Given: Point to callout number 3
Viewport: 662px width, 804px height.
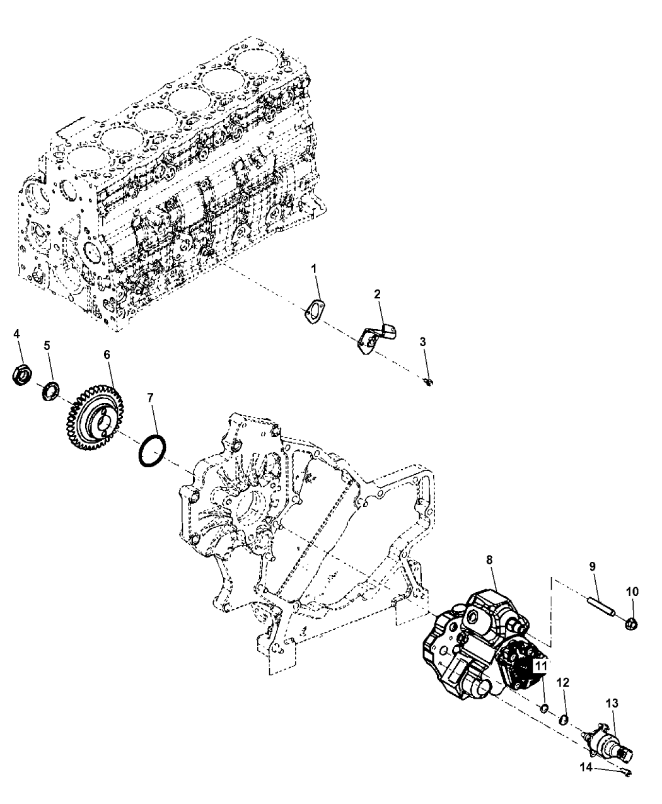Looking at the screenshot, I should pyautogui.click(x=423, y=342).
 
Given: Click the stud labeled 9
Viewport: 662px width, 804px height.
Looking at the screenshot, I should pyautogui.click(x=595, y=610).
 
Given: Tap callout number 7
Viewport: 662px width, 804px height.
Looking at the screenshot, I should pyautogui.click(x=149, y=397).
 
